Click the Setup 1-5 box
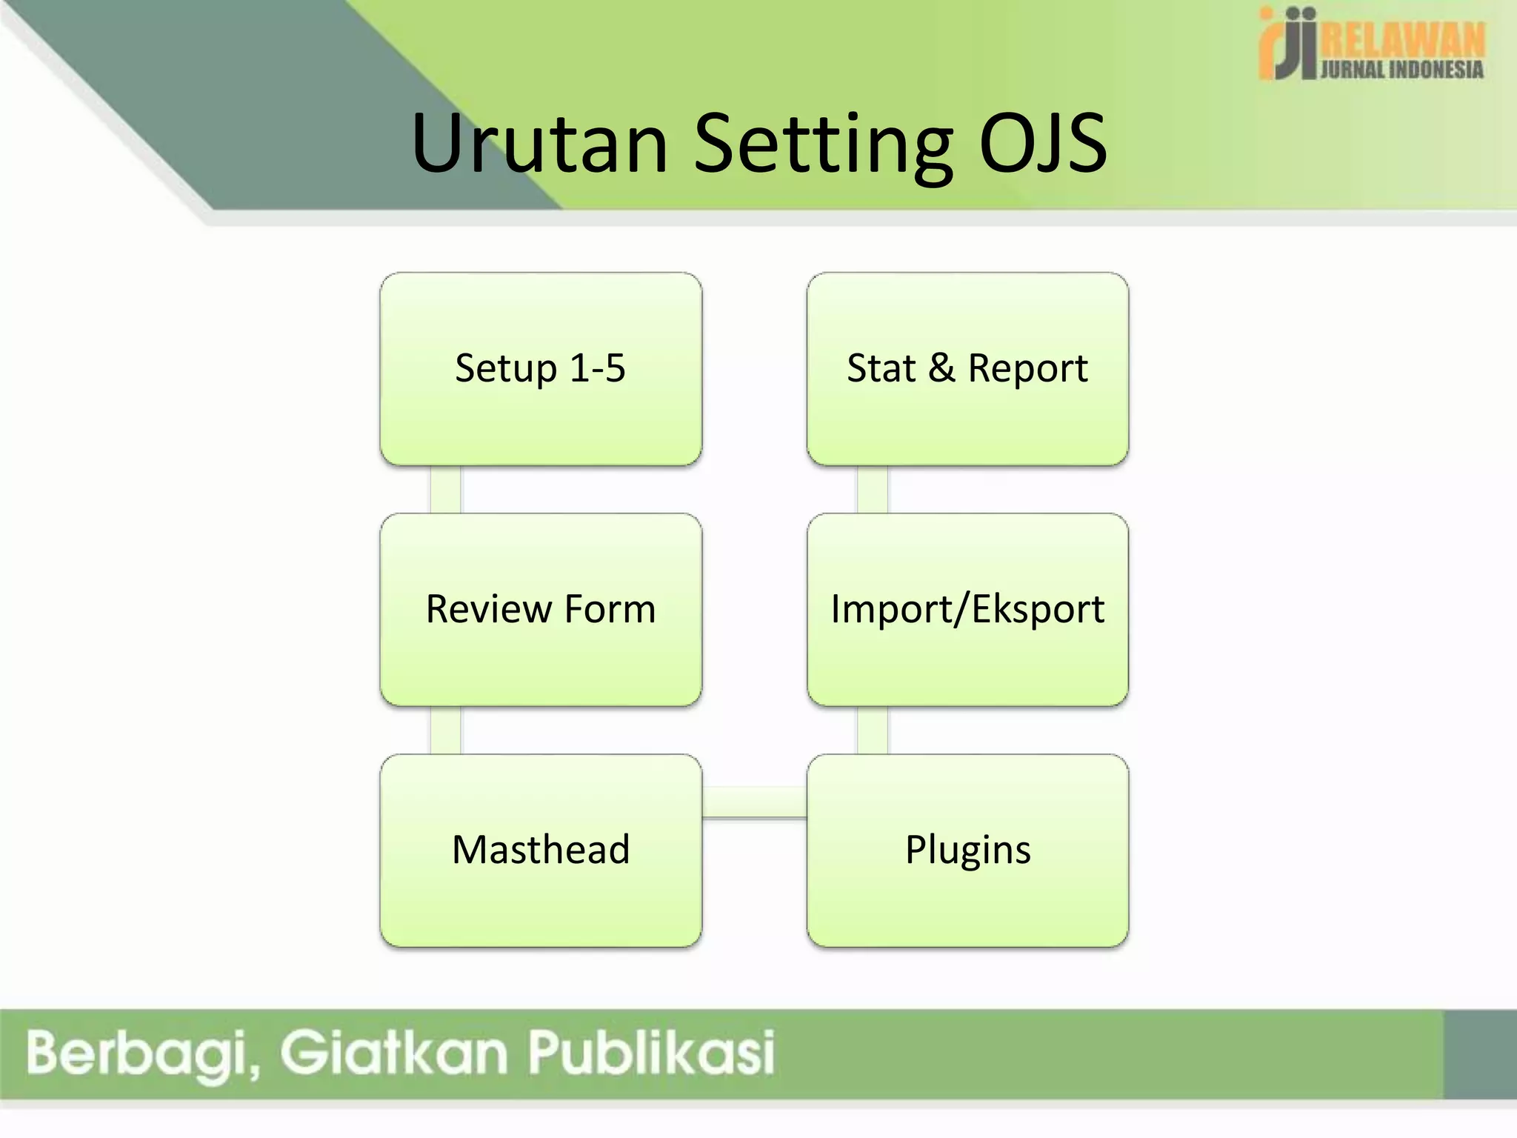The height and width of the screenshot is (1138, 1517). tap(541, 369)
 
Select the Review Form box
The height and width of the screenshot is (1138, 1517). tap(541, 609)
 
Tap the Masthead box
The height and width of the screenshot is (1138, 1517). tap(541, 850)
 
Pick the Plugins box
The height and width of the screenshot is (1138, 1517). tap(967, 850)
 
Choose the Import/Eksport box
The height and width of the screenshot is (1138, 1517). tap(967, 609)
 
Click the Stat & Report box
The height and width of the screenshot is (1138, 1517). tap(967, 369)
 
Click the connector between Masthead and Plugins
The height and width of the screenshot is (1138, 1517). tap(754, 802)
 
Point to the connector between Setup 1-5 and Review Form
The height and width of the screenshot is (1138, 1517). tap(445, 490)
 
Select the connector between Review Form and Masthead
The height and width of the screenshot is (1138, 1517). tap(445, 731)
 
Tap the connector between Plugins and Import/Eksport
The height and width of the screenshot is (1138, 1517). tap(872, 731)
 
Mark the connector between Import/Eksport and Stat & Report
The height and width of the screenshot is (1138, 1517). tap(872, 490)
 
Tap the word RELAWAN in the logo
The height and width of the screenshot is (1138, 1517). tap(1402, 41)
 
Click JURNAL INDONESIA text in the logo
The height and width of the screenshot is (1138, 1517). tap(1402, 70)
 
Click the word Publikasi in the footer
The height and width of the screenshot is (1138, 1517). tap(651, 1052)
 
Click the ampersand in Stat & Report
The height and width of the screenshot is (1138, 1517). tap(941, 369)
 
